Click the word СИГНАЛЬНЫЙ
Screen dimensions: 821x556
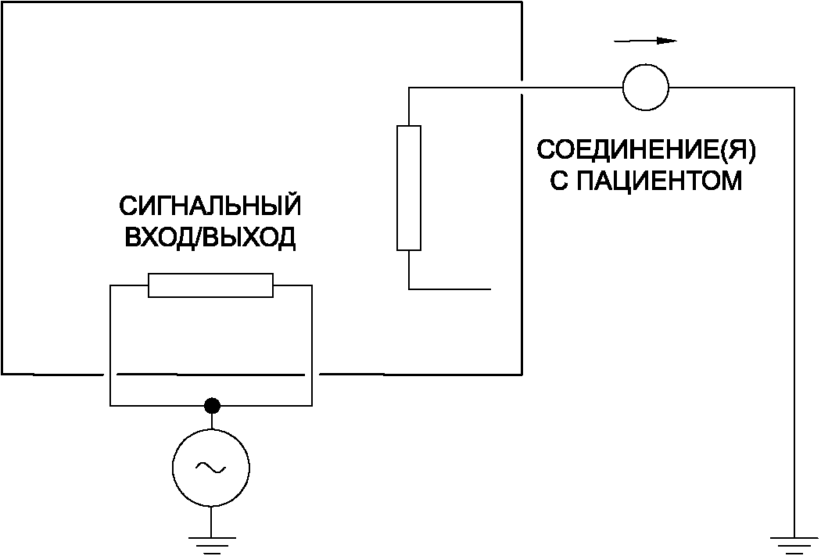[210, 207]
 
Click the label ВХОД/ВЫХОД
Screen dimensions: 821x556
[210, 238]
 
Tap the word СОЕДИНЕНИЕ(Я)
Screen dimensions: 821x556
[647, 150]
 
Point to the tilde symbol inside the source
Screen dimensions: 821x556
[211, 468]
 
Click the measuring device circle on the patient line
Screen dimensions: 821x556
[646, 86]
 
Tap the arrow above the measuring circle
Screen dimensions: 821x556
[645, 40]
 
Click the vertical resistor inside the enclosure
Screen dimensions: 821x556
[409, 188]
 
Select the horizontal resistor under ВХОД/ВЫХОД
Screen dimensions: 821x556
[211, 285]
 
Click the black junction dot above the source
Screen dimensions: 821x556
[211, 405]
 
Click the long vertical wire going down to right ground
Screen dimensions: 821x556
[794, 313]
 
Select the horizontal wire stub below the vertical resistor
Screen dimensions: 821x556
[450, 289]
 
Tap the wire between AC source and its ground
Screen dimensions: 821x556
[211, 520]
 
